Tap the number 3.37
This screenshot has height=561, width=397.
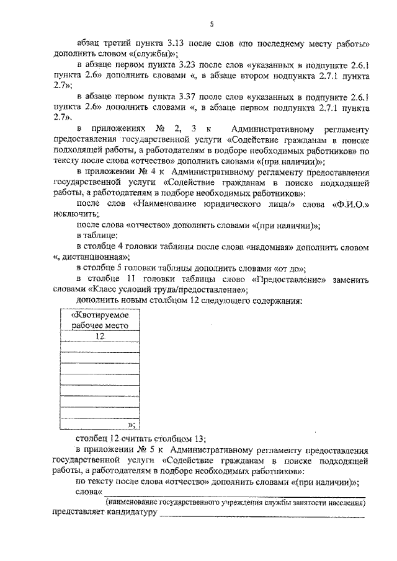pos(188,97)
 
